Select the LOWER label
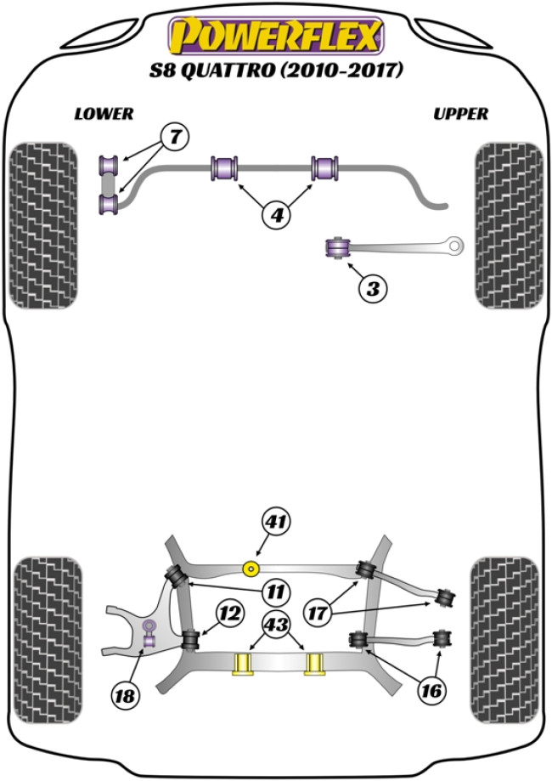[x=104, y=113]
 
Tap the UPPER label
[x=460, y=113]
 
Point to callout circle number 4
[x=276, y=216]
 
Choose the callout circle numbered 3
[x=372, y=289]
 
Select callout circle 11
[x=278, y=590]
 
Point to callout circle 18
[x=126, y=696]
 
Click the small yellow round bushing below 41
[x=251, y=568]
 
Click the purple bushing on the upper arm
[x=340, y=247]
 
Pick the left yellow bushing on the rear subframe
[x=245, y=662]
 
